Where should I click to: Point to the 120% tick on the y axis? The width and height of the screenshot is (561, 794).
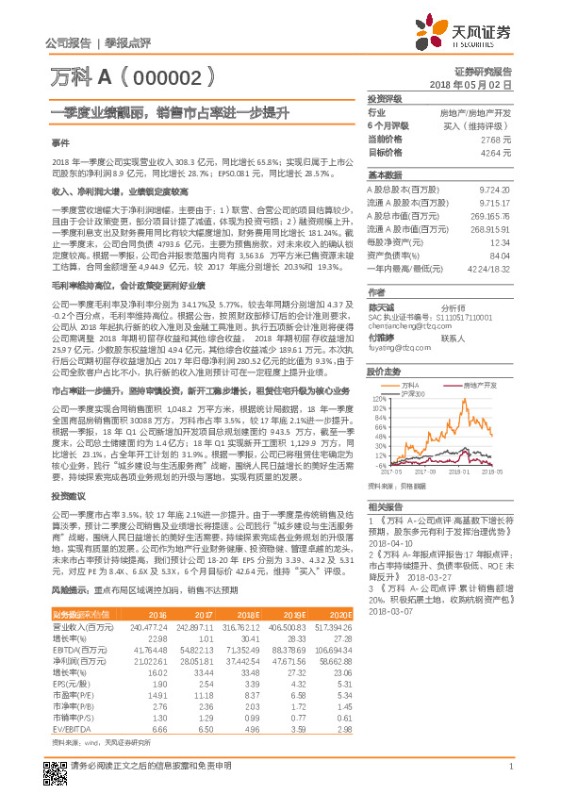click(x=375, y=400)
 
